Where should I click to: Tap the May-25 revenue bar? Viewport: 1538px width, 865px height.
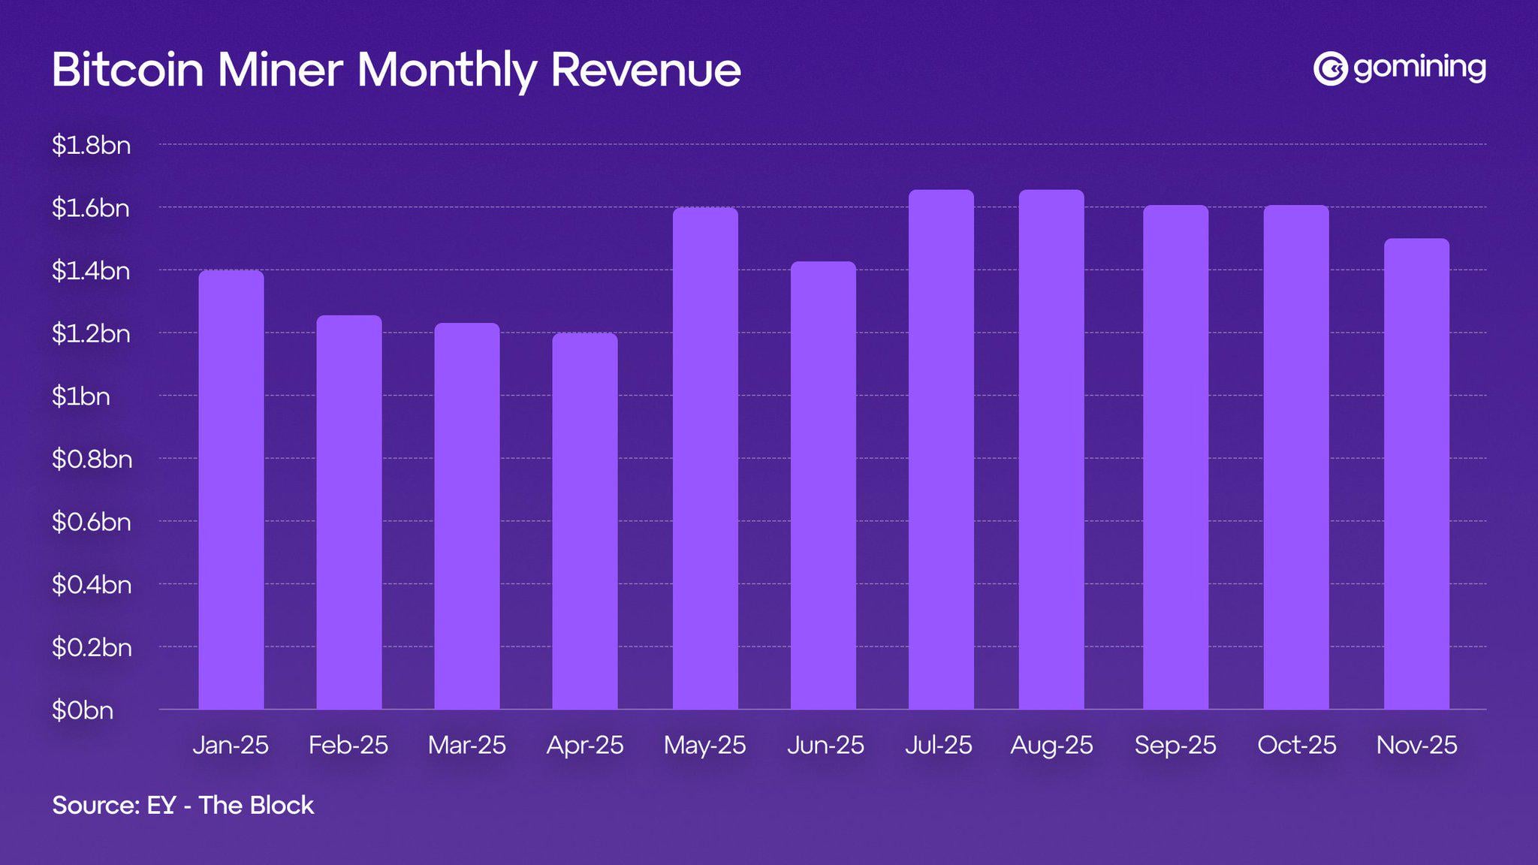pos(705,458)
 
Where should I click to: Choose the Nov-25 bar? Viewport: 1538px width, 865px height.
pos(1416,474)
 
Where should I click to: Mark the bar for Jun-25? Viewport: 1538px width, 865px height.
pos(823,485)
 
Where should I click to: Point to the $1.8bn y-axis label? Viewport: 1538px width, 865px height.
pos(91,145)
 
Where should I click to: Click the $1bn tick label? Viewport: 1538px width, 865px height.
pos(80,396)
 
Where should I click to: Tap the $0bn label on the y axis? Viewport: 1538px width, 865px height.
pos(82,710)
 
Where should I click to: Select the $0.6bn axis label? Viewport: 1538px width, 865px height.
pos(91,521)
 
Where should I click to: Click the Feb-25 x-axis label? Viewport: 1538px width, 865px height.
pos(348,745)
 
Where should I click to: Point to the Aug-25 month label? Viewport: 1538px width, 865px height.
pos(1051,745)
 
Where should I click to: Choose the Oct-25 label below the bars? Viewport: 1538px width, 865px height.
pos(1297,745)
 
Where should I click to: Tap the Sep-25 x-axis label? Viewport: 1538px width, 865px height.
pos(1175,745)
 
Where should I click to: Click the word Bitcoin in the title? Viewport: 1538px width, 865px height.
pos(128,70)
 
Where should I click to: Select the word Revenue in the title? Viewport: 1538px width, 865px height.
pos(646,70)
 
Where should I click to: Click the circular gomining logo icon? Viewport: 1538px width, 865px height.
pos(1330,69)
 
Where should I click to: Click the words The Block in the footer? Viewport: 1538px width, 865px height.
pos(256,805)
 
